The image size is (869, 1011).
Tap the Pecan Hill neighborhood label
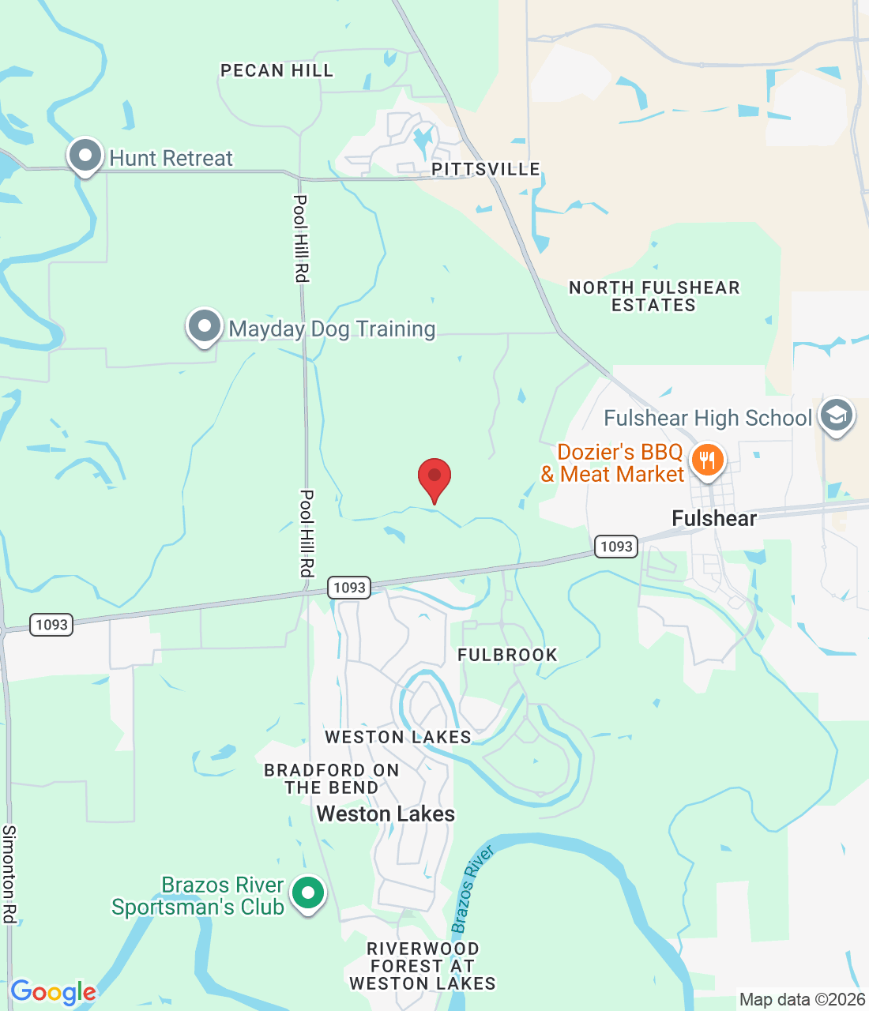276,71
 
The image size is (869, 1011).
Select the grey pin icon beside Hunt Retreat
85,156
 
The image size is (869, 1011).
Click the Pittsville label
486,169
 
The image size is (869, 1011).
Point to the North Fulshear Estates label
654,296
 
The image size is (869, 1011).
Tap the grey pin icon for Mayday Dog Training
205,326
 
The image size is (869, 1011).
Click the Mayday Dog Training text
332,329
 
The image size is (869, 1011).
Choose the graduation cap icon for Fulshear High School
836,415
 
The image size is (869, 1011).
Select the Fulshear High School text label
708,418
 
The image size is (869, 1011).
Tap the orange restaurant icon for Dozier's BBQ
707,460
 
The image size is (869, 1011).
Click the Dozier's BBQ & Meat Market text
613,463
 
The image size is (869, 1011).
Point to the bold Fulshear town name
714,519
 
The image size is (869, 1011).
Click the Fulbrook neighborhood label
507,655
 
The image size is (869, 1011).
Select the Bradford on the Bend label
332,779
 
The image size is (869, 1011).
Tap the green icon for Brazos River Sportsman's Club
308,894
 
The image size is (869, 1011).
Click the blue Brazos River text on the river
472,889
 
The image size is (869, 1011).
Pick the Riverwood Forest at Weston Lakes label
423,966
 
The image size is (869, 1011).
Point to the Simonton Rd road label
9,874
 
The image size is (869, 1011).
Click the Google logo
53,992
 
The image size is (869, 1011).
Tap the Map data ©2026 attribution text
802,1000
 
